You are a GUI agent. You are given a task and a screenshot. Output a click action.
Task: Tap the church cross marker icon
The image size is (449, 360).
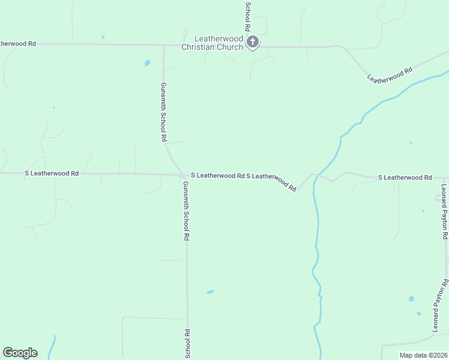click(253, 42)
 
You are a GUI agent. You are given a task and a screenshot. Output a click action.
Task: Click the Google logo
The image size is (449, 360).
click(20, 353)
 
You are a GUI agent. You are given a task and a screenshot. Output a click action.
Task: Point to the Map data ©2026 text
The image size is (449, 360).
click(423, 355)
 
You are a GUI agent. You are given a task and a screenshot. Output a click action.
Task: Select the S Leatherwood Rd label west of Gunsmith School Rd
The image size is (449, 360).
click(52, 173)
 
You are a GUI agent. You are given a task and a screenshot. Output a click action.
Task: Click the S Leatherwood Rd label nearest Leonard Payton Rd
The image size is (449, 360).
click(405, 178)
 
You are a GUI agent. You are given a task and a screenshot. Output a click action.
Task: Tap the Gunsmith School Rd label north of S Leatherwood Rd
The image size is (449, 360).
click(163, 112)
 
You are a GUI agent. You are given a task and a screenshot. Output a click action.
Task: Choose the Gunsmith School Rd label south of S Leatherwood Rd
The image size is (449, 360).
click(187, 211)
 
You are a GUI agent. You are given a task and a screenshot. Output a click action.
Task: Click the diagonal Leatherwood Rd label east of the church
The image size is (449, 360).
click(390, 74)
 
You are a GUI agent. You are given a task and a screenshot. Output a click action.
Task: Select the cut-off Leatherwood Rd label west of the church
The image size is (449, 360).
click(18, 44)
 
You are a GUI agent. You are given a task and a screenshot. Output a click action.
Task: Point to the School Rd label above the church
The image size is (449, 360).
click(247, 16)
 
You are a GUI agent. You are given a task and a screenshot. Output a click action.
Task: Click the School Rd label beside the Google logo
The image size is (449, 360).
click(187, 344)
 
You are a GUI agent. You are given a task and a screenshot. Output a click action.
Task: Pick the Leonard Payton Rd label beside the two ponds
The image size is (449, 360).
click(441, 305)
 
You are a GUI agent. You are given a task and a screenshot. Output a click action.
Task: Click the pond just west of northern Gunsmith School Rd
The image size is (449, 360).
click(147, 63)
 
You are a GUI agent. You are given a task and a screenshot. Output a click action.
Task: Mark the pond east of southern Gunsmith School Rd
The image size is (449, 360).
click(210, 292)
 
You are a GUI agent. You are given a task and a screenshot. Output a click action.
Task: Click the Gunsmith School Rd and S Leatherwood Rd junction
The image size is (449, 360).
click(183, 175)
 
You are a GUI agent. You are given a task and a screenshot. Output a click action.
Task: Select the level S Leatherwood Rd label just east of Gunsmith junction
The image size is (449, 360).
click(217, 176)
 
